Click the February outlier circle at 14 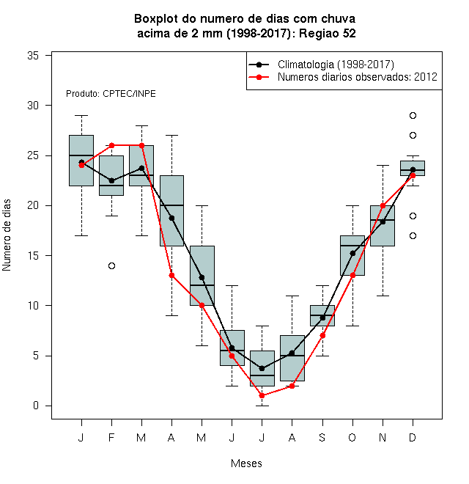[111, 265]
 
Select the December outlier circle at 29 [413, 115]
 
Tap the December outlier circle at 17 [413, 236]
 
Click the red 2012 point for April [172, 275]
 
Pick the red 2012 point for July [262, 395]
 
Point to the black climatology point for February [111, 180]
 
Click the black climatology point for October [352, 254]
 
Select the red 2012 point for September [322, 336]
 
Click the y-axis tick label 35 [33, 56]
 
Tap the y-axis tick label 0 [36, 406]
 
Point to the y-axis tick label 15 [33, 256]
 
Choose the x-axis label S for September [322, 438]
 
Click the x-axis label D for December [413, 438]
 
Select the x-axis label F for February [111, 438]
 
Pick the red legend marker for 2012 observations [259, 77]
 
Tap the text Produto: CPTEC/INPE [111, 94]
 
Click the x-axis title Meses [246, 463]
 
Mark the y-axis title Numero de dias [7, 235]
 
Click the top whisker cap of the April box [172, 135]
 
